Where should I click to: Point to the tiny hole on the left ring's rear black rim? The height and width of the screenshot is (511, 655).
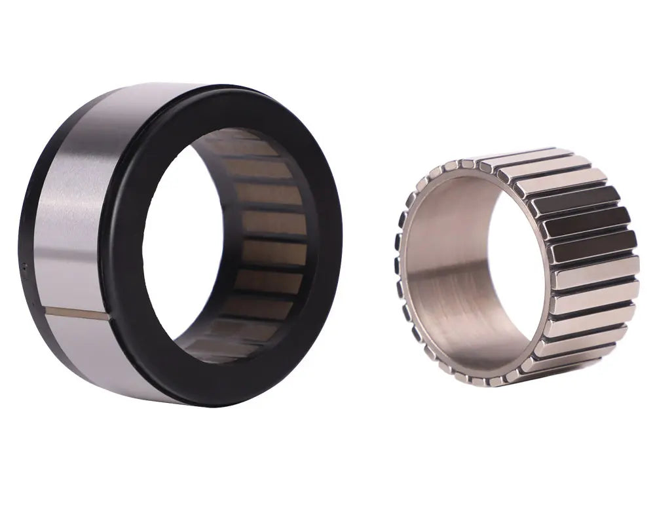coord(25,267)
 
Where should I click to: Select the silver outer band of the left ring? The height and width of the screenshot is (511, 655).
coord(72,216)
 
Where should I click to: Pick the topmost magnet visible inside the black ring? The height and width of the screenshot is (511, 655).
coord(242,148)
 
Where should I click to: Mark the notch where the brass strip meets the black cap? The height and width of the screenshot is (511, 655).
coord(109,318)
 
